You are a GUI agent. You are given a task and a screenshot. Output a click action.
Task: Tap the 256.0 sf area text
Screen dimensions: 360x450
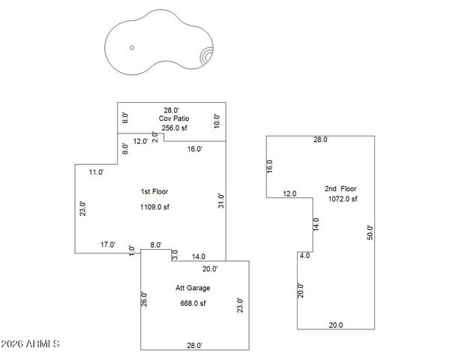pos(172,128)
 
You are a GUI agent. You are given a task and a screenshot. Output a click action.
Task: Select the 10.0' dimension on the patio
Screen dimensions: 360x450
pos(217,121)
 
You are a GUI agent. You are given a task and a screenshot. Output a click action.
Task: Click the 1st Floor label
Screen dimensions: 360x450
pos(155,192)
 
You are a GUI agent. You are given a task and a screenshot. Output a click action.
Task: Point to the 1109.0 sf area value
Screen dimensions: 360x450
pos(155,207)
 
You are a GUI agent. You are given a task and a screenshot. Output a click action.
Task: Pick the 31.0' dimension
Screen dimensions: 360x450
pos(220,202)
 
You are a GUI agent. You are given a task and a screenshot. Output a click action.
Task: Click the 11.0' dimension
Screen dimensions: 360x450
pos(95,172)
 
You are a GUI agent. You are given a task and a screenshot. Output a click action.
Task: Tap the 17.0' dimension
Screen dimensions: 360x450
pos(108,244)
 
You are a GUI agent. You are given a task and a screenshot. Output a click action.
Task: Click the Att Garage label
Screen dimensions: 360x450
pos(193,288)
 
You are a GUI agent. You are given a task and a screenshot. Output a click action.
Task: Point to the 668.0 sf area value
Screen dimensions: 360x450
pos(193,303)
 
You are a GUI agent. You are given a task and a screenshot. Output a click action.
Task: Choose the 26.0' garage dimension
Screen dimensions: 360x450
pos(144,298)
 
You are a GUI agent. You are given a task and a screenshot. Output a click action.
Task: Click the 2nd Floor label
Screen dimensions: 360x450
pos(341,188)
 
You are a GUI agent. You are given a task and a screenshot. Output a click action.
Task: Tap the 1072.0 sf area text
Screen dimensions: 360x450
pos(341,199)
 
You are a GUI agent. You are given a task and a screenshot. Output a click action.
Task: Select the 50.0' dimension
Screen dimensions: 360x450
pos(369,232)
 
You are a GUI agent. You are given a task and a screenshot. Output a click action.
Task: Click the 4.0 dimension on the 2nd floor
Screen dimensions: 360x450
pos(304,256)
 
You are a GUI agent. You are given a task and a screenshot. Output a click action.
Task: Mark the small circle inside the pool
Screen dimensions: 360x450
pos(132,47)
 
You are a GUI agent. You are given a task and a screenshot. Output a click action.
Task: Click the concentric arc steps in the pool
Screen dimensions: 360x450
pos(206,56)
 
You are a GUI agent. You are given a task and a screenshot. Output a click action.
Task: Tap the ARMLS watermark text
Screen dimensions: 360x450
pos(30,344)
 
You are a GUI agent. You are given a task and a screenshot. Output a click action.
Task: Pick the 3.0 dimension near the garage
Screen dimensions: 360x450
pos(174,256)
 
